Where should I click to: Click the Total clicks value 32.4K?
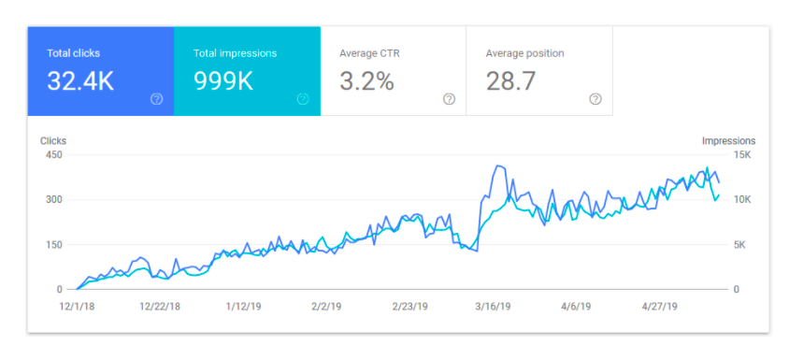pos(80,81)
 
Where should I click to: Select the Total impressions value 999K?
pos(223,81)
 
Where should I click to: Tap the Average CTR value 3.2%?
pos(366,81)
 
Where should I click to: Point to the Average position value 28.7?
pos(510,81)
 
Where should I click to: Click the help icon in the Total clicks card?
pos(156,99)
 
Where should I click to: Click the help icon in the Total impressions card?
pos(303,99)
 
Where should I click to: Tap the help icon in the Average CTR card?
pos(449,99)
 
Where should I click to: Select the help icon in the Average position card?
pos(595,99)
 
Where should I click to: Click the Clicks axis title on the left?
pos(53,141)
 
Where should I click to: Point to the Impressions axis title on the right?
pos(728,141)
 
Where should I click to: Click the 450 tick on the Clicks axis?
pos(52,155)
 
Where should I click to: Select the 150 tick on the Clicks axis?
pos(52,245)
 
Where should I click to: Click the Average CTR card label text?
pos(370,53)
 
